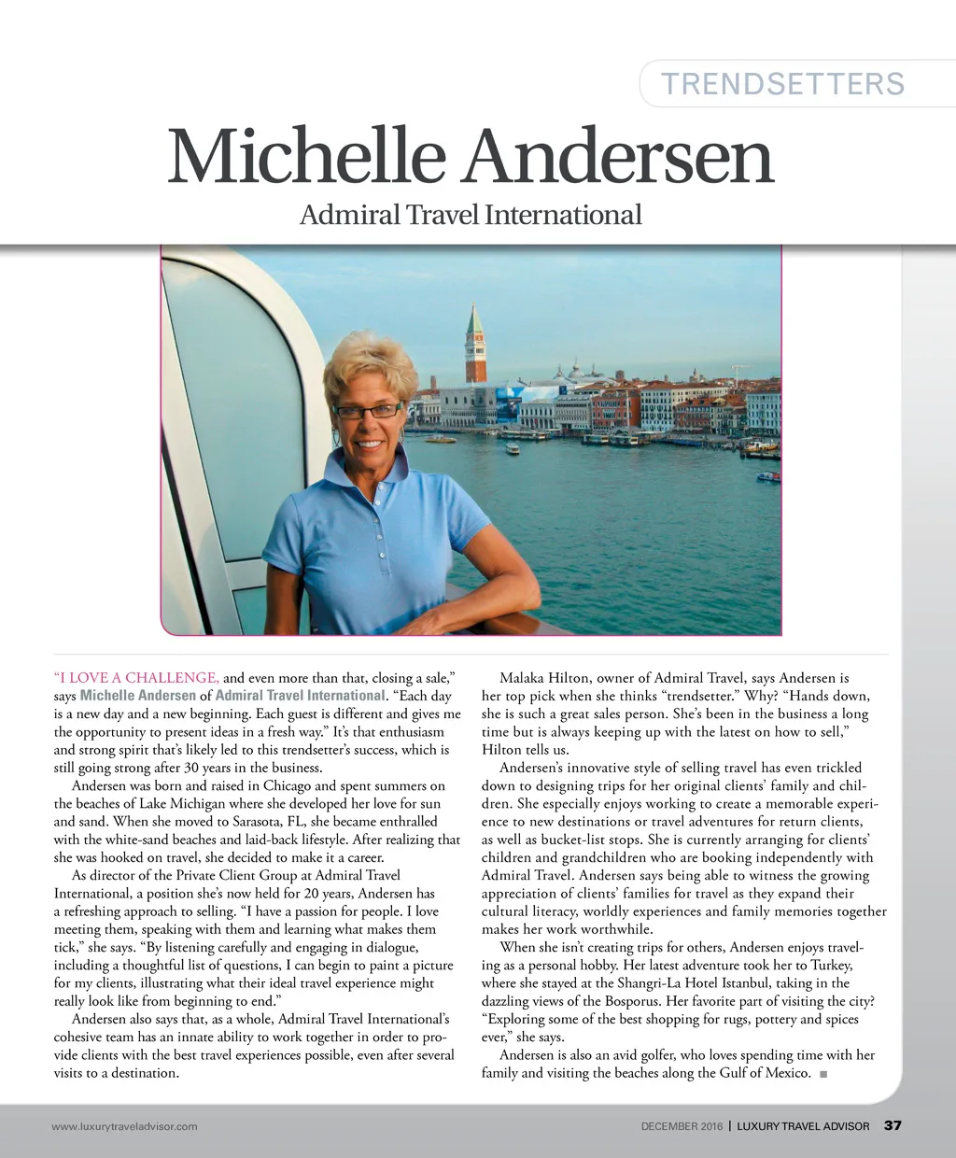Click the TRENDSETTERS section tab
pyautogui.click(x=782, y=84)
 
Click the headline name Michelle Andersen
pyautogui.click(x=471, y=157)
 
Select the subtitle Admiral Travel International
pyautogui.click(x=471, y=215)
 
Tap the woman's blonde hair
pyautogui.click(x=371, y=364)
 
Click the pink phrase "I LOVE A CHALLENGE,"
pyautogui.click(x=137, y=678)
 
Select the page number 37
pyautogui.click(x=893, y=1125)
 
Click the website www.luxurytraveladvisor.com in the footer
pyautogui.click(x=124, y=1126)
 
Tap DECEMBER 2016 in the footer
pyautogui.click(x=682, y=1126)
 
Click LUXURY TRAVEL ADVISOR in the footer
pyautogui.click(x=803, y=1126)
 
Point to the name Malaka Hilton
pyautogui.click(x=541, y=678)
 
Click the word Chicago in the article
pyautogui.click(x=287, y=785)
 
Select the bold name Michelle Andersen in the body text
pyautogui.click(x=138, y=696)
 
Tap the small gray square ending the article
pyautogui.click(x=822, y=1074)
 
